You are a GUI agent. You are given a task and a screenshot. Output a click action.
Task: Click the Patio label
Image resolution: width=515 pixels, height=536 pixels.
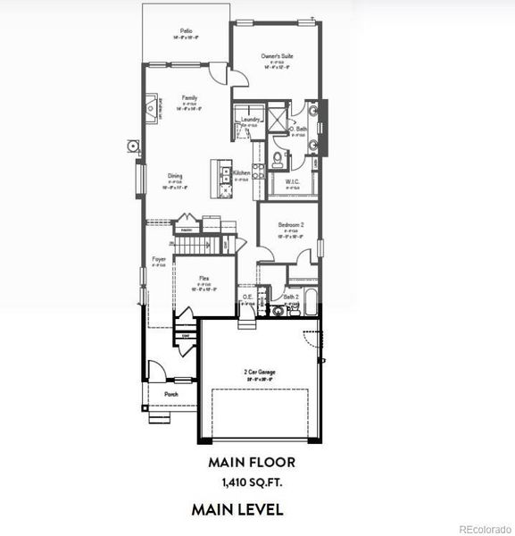(186, 31)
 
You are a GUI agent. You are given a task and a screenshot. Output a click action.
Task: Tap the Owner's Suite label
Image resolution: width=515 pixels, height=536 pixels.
(278, 56)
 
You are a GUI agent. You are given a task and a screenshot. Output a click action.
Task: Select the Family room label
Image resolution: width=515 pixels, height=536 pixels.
(189, 98)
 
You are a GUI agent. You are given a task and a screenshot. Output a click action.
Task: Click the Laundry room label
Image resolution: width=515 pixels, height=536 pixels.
(250, 119)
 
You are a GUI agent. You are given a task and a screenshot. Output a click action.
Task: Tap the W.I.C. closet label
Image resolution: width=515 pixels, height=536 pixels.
(292, 182)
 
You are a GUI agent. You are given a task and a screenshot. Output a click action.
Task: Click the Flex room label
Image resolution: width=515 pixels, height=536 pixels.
(204, 279)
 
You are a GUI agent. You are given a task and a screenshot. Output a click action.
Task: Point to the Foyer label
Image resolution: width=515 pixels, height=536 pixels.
(158, 259)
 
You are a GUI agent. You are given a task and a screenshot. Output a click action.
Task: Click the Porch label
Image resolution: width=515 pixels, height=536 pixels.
(170, 394)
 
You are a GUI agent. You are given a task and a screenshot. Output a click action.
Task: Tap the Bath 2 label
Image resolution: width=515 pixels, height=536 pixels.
(290, 297)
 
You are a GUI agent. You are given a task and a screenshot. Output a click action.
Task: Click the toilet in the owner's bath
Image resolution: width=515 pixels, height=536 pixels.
(278, 160)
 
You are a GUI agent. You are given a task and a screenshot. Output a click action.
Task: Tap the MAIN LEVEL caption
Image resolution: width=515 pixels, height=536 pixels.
(237, 510)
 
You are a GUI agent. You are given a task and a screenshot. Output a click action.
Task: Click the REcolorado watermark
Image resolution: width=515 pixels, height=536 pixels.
(486, 529)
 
